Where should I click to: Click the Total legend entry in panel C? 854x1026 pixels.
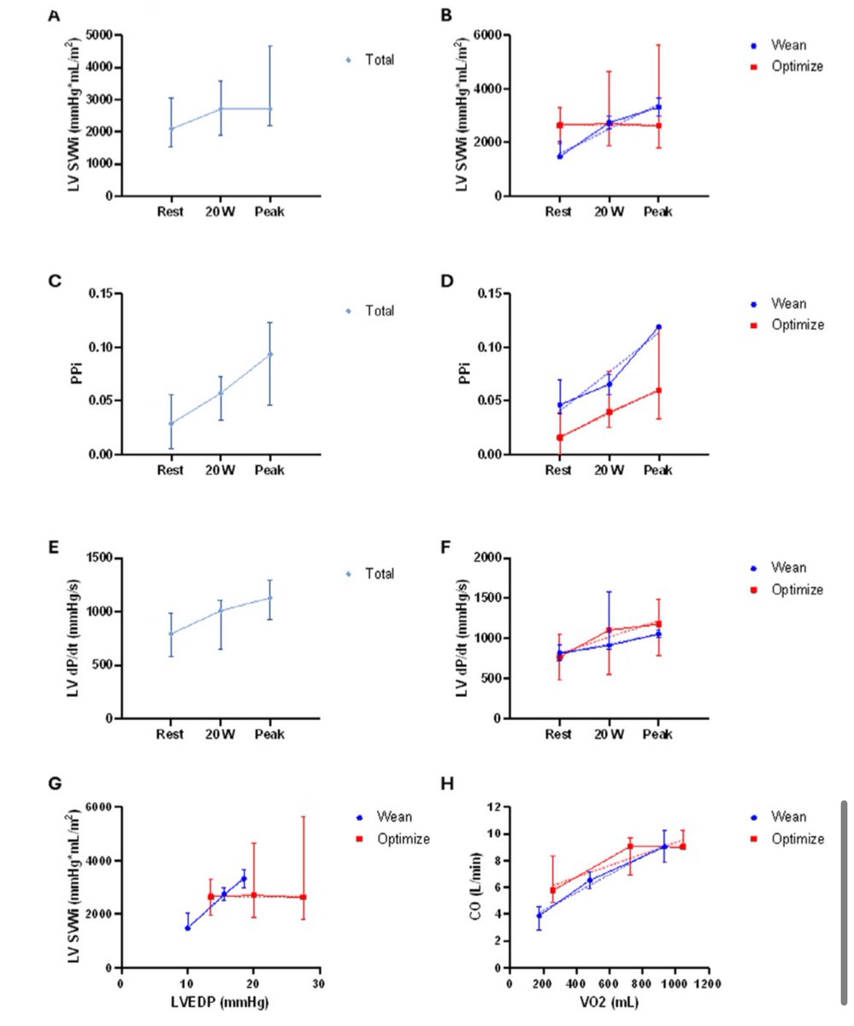coord(380,310)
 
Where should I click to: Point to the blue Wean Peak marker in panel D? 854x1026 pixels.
coord(658,327)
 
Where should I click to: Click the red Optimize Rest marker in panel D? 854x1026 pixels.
coord(560,437)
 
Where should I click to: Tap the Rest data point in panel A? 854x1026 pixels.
coord(171,129)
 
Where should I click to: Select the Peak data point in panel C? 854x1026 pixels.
coord(270,354)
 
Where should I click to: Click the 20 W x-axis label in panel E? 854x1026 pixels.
coord(221,734)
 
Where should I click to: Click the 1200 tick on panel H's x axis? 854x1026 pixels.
coord(706,983)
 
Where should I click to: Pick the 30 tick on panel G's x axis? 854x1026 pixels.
coord(320,983)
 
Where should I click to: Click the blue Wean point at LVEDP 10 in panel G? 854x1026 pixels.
coord(187,927)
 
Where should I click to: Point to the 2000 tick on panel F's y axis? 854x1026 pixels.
coord(484,557)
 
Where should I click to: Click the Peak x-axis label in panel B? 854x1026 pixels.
coord(658,211)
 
